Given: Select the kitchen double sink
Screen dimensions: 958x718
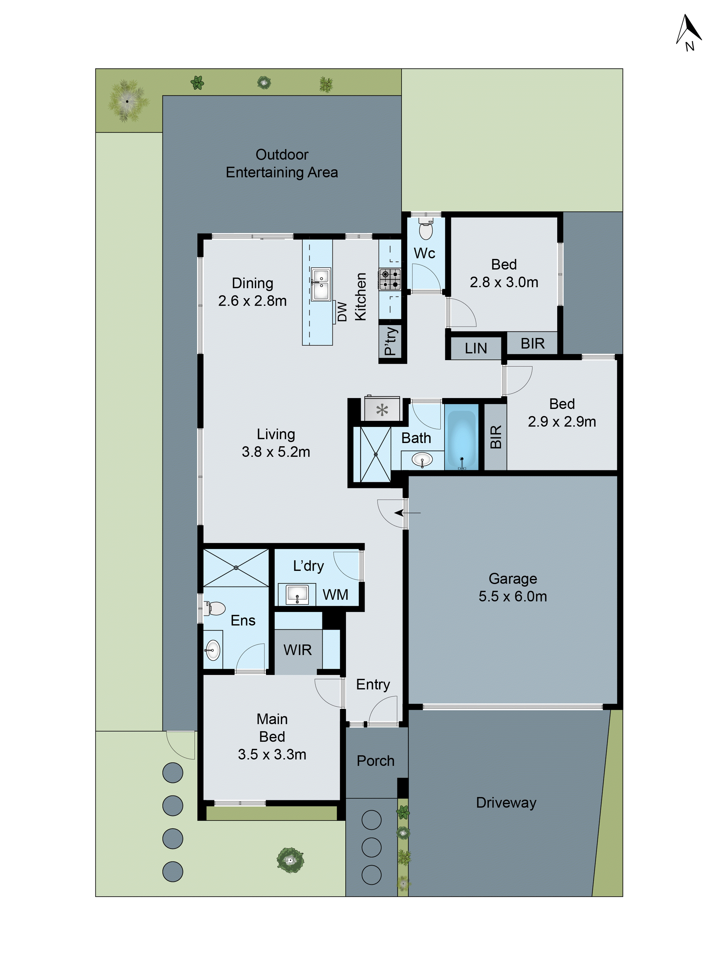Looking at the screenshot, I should pyautogui.click(x=321, y=284).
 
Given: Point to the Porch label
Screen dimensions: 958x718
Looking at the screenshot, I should pyautogui.click(x=375, y=761).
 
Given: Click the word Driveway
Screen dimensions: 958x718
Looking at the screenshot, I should pyautogui.click(x=506, y=803).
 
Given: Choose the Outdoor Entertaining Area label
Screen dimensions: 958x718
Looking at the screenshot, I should pyautogui.click(x=282, y=163).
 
